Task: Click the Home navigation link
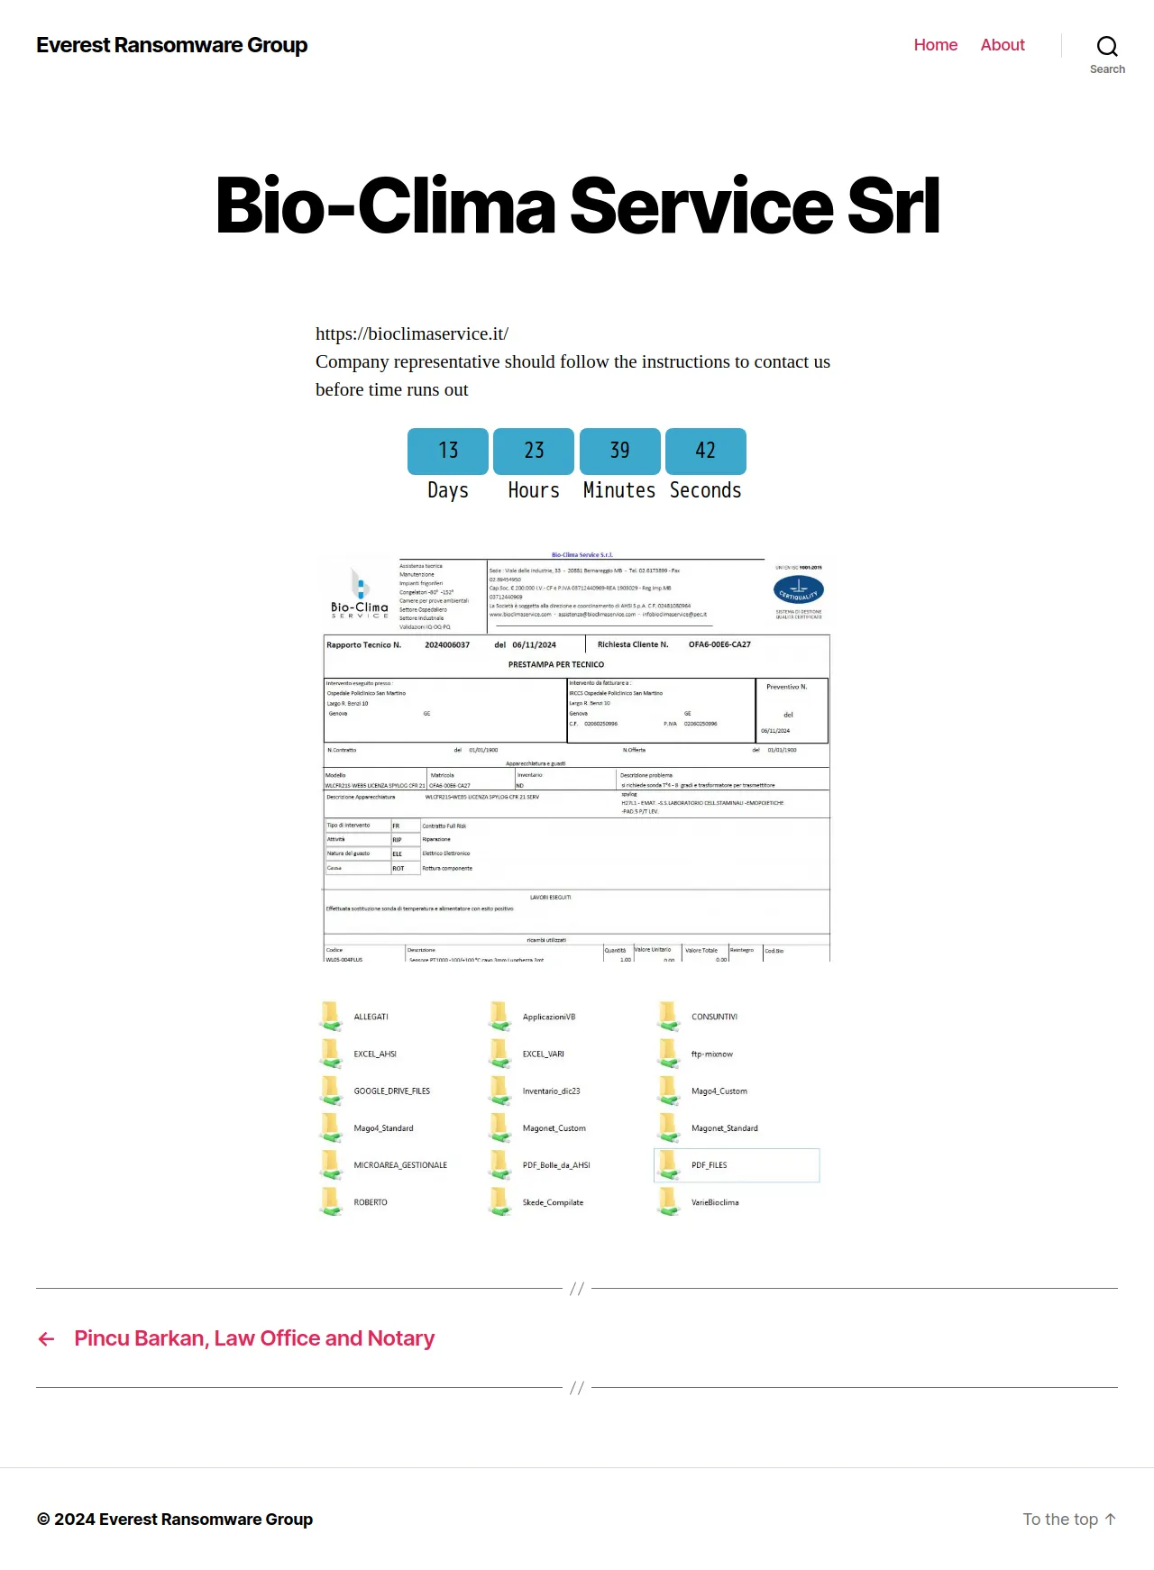click(x=935, y=45)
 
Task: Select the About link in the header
click(x=1003, y=45)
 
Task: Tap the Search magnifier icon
click(x=1107, y=47)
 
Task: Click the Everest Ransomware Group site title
click(x=171, y=45)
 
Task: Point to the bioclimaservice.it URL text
click(x=412, y=333)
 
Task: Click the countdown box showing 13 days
click(x=448, y=451)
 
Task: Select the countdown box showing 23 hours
click(x=534, y=451)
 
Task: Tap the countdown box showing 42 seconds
click(x=706, y=451)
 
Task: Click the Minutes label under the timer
click(x=619, y=490)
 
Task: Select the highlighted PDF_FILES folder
click(x=709, y=1165)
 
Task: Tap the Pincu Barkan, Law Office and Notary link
click(x=254, y=1338)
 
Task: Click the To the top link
click(x=1069, y=1520)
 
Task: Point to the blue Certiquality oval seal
click(x=799, y=590)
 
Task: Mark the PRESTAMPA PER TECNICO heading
click(x=556, y=664)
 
